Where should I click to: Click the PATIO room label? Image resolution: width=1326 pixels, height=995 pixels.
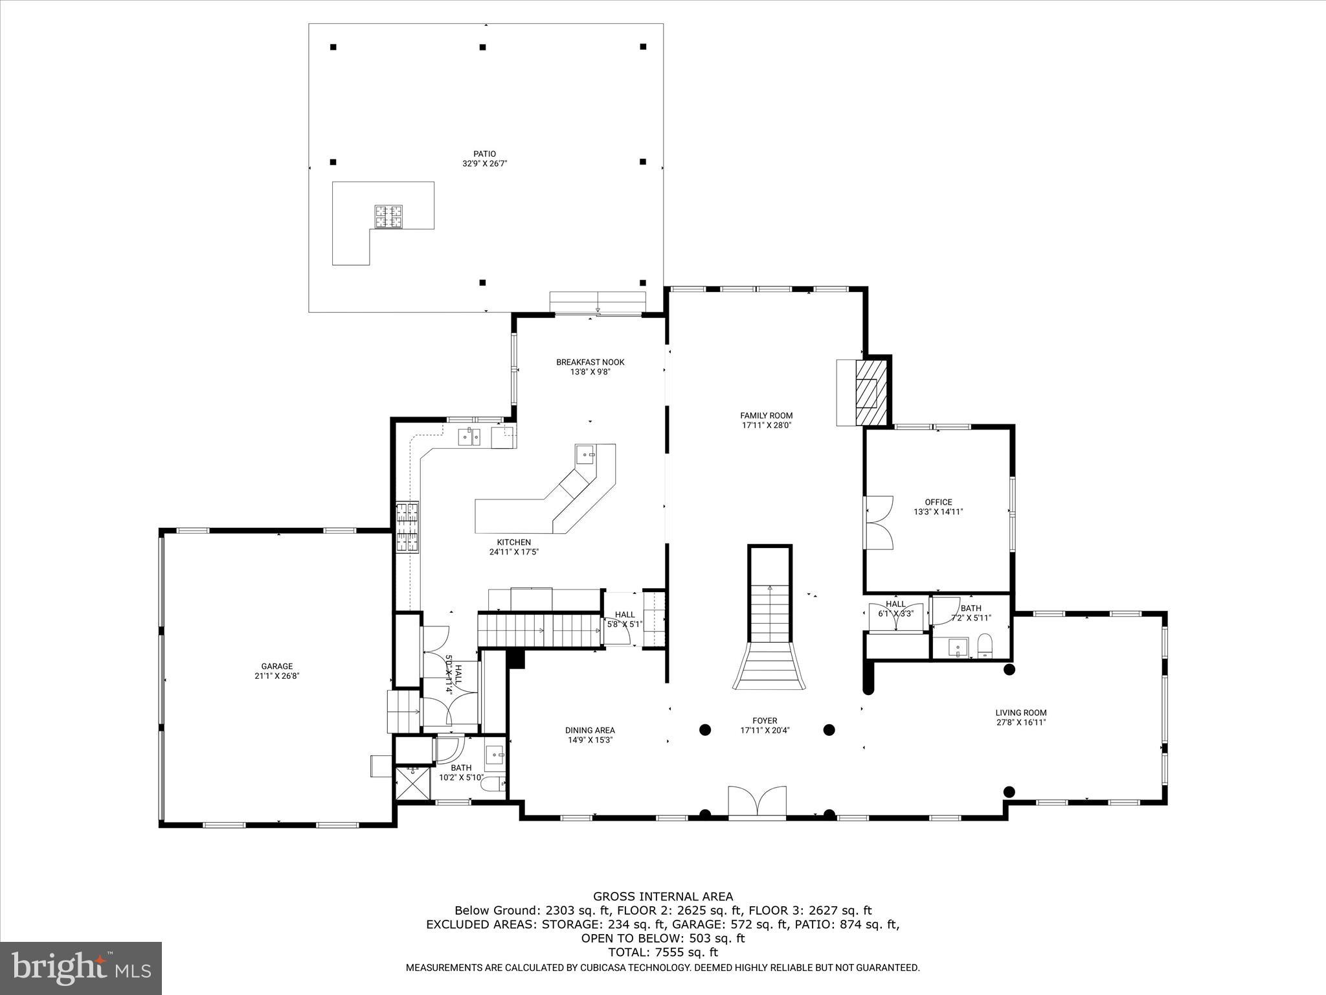[484, 154]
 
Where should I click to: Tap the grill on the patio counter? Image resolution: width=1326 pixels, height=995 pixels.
[388, 216]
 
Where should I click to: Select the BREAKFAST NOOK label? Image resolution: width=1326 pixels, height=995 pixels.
[590, 362]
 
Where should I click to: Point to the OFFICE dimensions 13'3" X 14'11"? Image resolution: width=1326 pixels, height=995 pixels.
[938, 512]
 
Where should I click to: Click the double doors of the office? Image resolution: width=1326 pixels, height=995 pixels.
[879, 522]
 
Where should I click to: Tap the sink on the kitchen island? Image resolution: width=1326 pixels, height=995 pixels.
[585, 455]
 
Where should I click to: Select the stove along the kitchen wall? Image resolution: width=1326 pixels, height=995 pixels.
[407, 527]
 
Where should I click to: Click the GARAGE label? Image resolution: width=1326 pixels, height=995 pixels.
[276, 666]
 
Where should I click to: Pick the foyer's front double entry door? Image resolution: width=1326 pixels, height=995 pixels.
[757, 801]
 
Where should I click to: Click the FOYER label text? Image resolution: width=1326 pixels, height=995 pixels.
[764, 720]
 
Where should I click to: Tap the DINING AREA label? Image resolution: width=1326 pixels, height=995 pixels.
[590, 730]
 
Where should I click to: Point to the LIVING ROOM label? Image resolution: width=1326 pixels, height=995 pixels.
[1020, 713]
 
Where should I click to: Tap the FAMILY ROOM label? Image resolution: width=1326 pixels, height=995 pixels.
[766, 416]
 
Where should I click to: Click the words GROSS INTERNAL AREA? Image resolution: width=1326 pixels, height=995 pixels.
[663, 897]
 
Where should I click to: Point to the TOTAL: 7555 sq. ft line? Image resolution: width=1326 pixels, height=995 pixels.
[663, 952]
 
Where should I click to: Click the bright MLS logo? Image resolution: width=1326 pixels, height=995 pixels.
[81, 968]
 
